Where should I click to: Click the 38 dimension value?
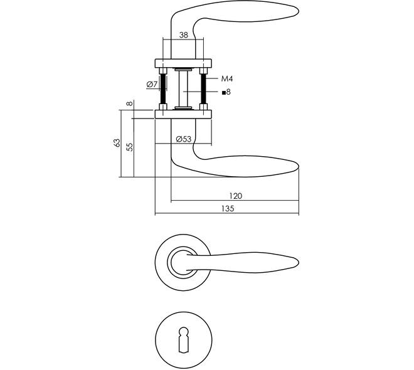pyautogui.click(x=184, y=35)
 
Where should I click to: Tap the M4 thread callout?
pyautogui.click(x=227, y=78)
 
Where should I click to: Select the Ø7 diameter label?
pyautogui.click(x=152, y=85)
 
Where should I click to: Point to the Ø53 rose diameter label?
pyautogui.click(x=184, y=139)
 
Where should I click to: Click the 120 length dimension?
pyautogui.click(x=235, y=196)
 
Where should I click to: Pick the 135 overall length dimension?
pyautogui.click(x=228, y=208)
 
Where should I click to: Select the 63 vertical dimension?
pyautogui.click(x=117, y=143)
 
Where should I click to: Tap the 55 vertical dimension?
pyautogui.click(x=130, y=147)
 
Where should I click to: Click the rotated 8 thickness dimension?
pyautogui.click(x=129, y=103)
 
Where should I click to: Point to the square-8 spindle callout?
pyautogui.click(x=226, y=92)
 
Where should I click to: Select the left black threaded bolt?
pyautogui.click(x=163, y=89)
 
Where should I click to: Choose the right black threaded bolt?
pyautogui.click(x=203, y=89)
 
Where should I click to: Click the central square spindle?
pyautogui.click(x=183, y=89)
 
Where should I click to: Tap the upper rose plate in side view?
pyautogui.click(x=183, y=63)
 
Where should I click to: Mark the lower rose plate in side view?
pyautogui.click(x=183, y=114)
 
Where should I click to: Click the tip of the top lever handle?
pyautogui.click(x=299, y=11)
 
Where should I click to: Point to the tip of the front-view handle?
pyautogui.click(x=299, y=262)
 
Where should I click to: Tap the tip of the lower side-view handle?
pyautogui.click(x=299, y=167)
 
